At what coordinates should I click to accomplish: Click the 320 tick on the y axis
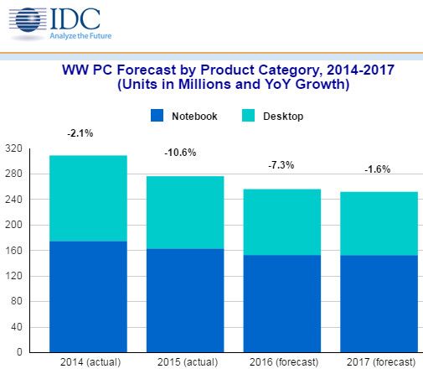12,148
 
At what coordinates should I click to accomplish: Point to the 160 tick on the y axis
12,251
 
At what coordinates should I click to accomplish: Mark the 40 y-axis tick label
14,327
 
